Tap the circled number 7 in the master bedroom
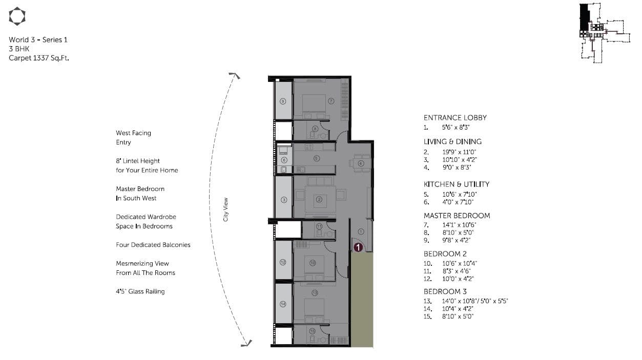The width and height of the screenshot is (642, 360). [331, 101]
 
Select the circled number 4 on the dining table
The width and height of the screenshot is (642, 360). [361, 163]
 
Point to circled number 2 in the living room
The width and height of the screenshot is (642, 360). [319, 200]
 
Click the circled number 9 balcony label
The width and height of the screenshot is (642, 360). [282, 101]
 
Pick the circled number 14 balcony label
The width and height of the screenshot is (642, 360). [283, 304]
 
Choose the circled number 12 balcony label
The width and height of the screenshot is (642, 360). [283, 262]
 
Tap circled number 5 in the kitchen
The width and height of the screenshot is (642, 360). [317, 158]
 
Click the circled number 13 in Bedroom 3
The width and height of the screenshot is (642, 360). [315, 292]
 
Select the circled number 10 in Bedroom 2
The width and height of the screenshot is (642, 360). [313, 263]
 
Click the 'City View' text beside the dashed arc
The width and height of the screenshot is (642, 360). [226, 209]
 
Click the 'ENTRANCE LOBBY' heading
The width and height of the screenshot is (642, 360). [455, 118]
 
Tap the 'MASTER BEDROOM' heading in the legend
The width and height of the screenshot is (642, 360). [457, 216]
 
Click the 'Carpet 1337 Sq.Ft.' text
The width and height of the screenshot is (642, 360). [39, 58]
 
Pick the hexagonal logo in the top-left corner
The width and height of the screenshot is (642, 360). [17, 16]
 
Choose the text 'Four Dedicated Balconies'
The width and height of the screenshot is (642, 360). [153, 245]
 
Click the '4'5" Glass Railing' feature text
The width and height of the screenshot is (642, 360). [140, 291]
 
